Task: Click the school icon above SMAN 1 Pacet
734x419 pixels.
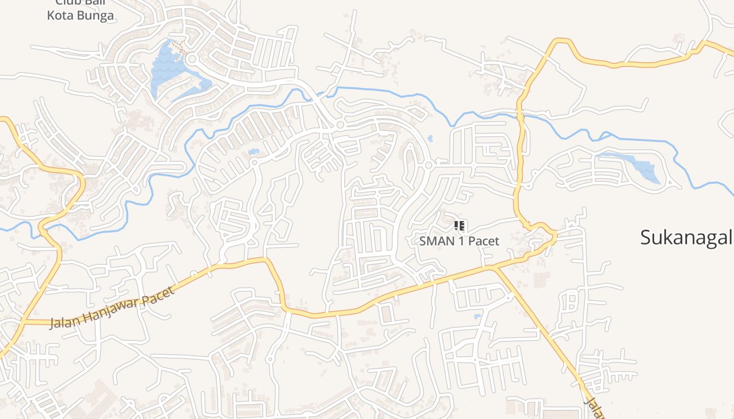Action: [459, 226]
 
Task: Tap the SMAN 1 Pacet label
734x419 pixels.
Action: [459, 241]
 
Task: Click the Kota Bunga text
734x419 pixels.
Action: [80, 16]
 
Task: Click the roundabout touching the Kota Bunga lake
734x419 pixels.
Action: [191, 59]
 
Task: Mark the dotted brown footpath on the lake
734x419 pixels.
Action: [179, 49]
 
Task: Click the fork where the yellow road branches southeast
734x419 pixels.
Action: [493, 268]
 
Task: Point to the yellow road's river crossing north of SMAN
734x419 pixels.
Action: [521, 116]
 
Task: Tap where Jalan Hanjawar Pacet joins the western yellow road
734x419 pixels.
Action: [23, 321]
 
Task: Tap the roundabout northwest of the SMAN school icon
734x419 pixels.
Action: [428, 165]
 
